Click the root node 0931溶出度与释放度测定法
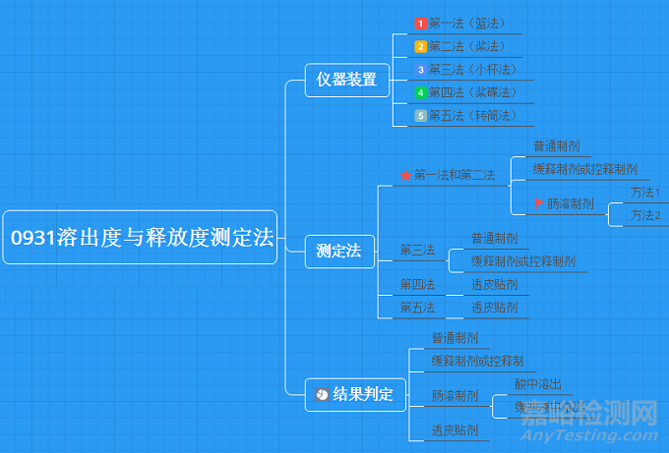click(141, 237)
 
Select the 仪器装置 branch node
click(341, 80)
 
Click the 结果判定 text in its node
click(363, 395)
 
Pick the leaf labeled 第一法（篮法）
click(467, 23)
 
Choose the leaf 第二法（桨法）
click(467, 46)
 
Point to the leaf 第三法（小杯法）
click(473, 69)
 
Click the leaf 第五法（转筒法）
click(473, 116)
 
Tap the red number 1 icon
click(420, 23)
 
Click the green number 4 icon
click(420, 92)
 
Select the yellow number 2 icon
click(420, 46)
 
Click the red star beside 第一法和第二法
click(405, 176)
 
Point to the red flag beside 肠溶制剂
click(538, 203)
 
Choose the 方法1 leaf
click(645, 193)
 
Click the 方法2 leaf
click(645, 215)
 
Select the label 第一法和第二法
click(455, 175)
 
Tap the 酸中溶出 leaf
click(537, 383)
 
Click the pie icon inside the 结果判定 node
click(322, 395)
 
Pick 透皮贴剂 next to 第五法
click(494, 308)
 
